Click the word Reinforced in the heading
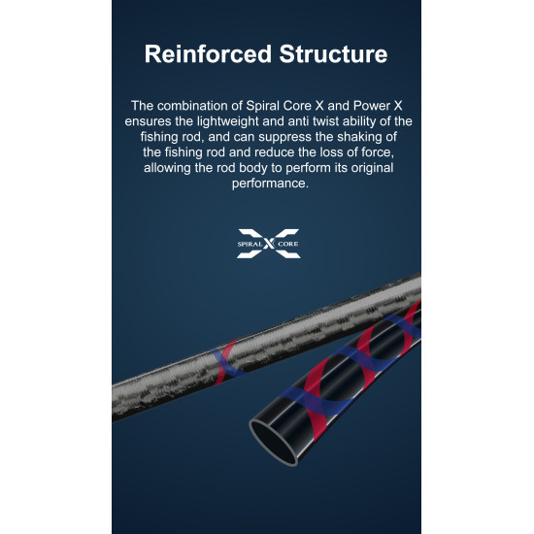tap(208, 54)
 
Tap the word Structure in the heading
tap(333, 54)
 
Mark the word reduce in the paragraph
tap(275, 152)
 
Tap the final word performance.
tap(270, 184)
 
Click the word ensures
tap(148, 121)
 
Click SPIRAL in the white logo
tap(250, 244)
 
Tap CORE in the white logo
tap(287, 244)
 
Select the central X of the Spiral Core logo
tap(269, 244)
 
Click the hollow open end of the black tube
tap(274, 442)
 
